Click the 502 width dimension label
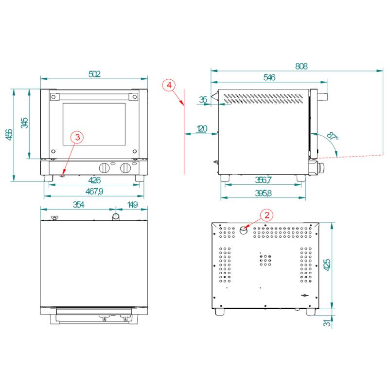94,74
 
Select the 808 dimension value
301,66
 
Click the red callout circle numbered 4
169,85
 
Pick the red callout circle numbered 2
266,214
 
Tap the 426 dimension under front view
94,181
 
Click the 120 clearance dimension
201,129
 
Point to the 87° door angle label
332,136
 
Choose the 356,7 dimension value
263,180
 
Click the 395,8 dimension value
263,193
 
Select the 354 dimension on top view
79,205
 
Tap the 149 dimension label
132,205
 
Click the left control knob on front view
105,168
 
